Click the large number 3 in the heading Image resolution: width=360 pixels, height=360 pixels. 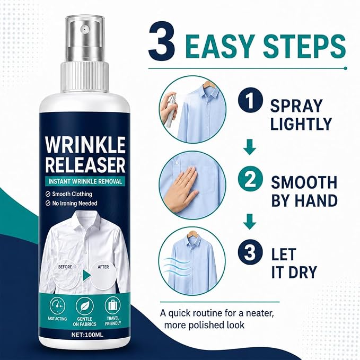(x=162, y=41)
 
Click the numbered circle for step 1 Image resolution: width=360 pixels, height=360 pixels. (x=250, y=101)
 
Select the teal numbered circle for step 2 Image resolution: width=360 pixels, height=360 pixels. (x=250, y=178)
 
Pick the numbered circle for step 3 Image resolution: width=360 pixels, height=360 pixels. (x=250, y=251)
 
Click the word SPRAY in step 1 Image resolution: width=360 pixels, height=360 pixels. (x=296, y=106)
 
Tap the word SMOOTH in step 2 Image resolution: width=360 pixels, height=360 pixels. (x=304, y=182)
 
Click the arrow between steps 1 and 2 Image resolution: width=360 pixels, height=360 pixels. (x=250, y=147)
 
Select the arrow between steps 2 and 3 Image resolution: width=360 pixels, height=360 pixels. (x=250, y=222)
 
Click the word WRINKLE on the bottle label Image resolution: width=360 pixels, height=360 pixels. (x=85, y=145)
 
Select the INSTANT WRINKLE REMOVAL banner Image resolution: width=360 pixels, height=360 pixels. (x=85, y=181)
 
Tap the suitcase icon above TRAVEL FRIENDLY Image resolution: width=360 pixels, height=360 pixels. (x=112, y=305)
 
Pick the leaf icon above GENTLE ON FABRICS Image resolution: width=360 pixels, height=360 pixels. (x=84, y=306)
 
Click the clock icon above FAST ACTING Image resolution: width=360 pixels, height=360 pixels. (x=57, y=305)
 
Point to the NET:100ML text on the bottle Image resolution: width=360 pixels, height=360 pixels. (x=87, y=335)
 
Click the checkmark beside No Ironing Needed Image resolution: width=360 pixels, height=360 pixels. (x=48, y=204)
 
